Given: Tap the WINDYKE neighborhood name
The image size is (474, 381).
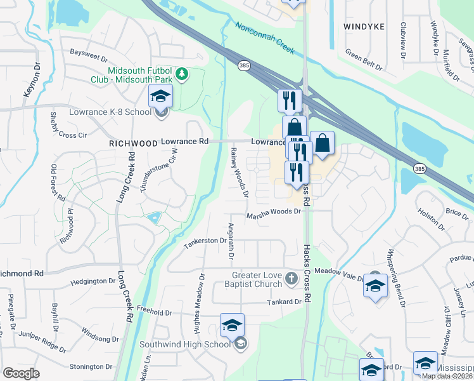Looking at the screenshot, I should (x=364, y=27).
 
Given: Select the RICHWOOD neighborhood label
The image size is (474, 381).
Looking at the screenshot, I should (x=133, y=144).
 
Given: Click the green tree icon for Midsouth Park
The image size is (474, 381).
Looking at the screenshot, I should (x=182, y=74).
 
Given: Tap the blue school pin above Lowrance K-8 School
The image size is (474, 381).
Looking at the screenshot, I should (x=160, y=97).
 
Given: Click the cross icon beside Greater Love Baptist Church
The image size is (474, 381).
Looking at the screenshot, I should (x=291, y=277).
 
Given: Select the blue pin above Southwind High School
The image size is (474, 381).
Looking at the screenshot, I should (x=232, y=325).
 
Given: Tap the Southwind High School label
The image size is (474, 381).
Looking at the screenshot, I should (x=195, y=345).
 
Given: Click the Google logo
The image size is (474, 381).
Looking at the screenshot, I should (x=21, y=373).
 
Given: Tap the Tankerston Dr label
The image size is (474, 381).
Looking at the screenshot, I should (x=205, y=244).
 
